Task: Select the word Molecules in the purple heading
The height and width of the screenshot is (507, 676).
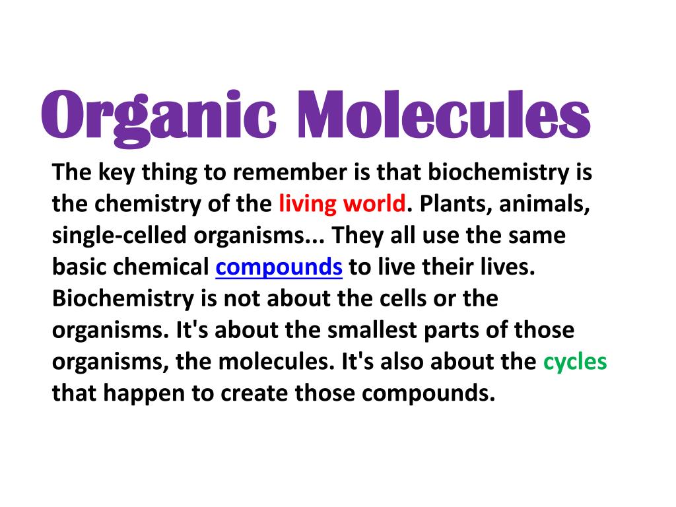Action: [x=442, y=116]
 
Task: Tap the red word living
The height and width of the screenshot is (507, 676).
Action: [x=308, y=204]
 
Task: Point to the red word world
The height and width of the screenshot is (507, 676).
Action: [x=374, y=204]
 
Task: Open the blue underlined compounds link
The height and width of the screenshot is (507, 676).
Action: [x=279, y=267]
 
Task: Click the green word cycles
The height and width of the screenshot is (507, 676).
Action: [x=574, y=362]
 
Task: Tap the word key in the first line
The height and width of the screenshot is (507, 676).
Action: [x=116, y=173]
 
